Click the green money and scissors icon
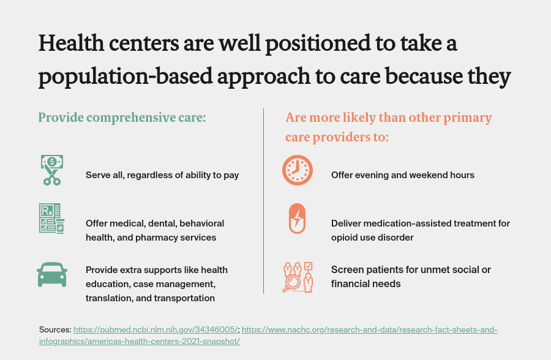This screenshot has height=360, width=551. click(x=52, y=170)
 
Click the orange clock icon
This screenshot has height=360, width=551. click(x=298, y=170)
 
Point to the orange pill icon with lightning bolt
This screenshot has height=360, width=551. click(x=297, y=218)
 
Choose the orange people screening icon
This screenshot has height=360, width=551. click(x=298, y=277)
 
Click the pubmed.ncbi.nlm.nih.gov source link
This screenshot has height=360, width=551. click(x=156, y=330)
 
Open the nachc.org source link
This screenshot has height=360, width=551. click(x=369, y=330)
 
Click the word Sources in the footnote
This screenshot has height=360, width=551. click(x=55, y=330)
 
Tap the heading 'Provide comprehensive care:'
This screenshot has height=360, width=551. click(x=122, y=118)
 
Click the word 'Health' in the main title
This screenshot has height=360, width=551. click(x=73, y=45)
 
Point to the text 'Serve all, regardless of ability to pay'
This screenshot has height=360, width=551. click(x=162, y=175)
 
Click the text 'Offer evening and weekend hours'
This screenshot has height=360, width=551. click(x=403, y=175)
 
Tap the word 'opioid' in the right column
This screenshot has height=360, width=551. click(x=345, y=237)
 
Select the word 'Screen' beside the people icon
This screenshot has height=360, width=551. click(x=346, y=269)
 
